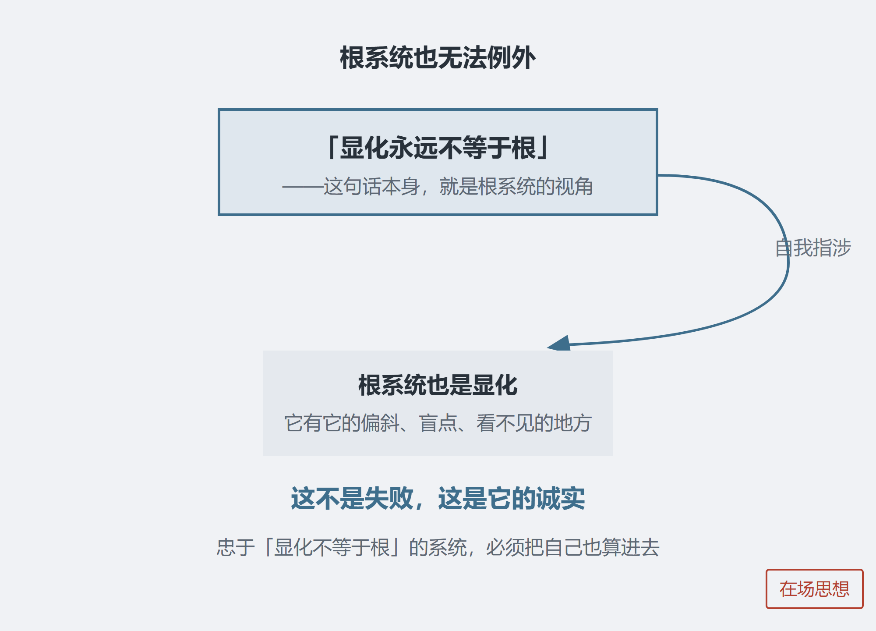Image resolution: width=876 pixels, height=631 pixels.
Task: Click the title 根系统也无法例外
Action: [438, 57]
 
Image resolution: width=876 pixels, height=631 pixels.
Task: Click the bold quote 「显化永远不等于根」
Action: [438, 148]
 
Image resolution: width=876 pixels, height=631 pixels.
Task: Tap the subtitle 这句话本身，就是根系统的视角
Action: [458, 186]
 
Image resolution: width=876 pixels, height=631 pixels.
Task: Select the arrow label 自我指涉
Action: [813, 248]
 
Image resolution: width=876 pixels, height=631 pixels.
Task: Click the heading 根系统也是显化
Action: [438, 385]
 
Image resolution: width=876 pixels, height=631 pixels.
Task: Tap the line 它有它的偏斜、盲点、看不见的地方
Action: [438, 423]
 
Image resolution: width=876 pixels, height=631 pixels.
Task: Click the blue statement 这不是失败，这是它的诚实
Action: [438, 498]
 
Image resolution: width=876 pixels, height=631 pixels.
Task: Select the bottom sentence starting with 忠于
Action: [438, 547]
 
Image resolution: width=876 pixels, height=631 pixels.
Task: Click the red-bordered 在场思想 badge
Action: [815, 589]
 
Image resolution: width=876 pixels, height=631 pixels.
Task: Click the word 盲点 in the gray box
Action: [438, 423]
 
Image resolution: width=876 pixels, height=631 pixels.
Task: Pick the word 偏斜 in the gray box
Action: [381, 423]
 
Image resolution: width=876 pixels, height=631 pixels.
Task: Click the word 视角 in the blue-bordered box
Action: [574, 186]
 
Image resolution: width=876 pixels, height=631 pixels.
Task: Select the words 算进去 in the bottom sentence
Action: [631, 547]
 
